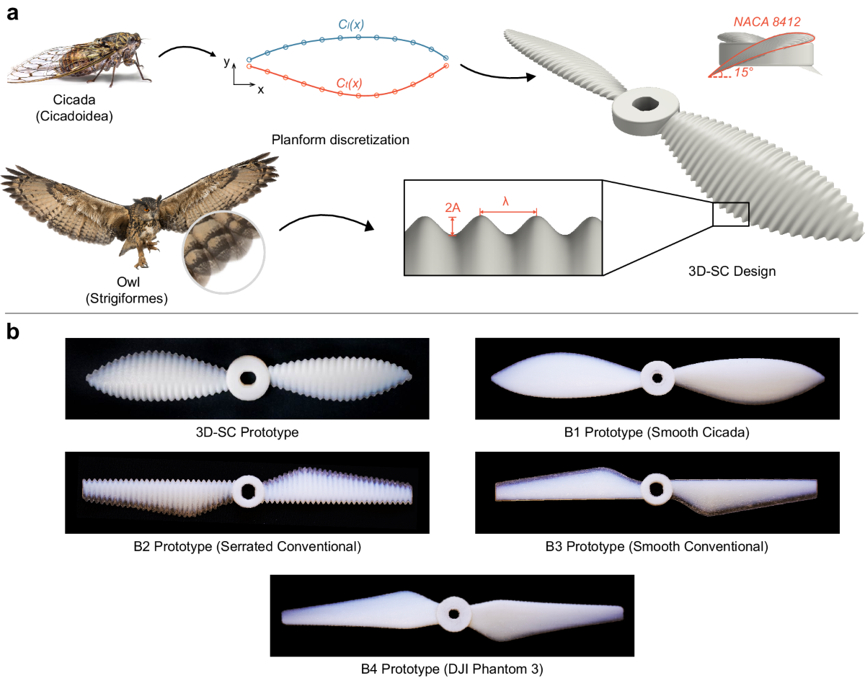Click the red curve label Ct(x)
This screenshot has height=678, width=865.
pos(350,84)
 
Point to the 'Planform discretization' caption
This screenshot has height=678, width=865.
pos(340,139)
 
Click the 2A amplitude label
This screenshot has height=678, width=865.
pos(453,208)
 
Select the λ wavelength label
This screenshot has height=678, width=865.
pos(506,202)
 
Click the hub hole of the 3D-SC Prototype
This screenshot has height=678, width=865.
pos(248,378)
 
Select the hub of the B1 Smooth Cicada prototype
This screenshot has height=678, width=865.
pos(657,377)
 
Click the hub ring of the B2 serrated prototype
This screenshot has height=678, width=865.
pos(249,491)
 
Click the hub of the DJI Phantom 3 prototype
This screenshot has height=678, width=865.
pos(453,613)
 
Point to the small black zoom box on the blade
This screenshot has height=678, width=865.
pos(731,214)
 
